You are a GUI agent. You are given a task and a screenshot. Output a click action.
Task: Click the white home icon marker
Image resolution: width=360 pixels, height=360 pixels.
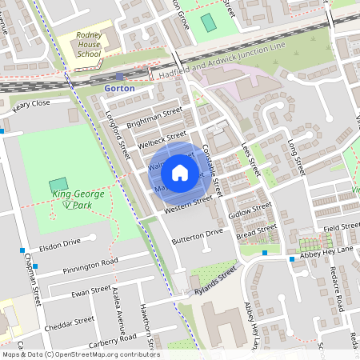click(180, 173)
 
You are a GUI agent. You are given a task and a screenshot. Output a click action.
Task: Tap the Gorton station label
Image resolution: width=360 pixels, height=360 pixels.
click(120, 88)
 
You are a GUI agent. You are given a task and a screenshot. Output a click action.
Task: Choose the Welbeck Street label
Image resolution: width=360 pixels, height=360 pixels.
click(162, 140)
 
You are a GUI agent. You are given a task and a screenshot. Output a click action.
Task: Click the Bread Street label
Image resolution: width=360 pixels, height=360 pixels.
click(255, 231)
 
